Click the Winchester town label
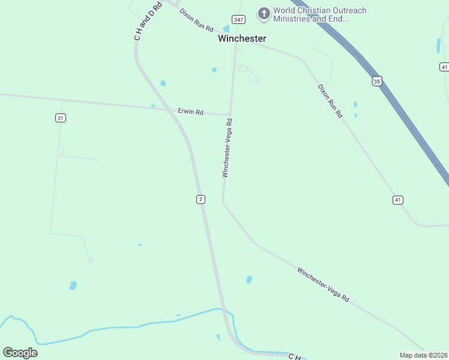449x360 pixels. pyautogui.click(x=242, y=38)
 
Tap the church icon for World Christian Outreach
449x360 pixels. pyautogui.click(x=263, y=13)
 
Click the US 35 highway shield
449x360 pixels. pyautogui.click(x=376, y=81)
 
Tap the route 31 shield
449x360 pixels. pyautogui.click(x=60, y=118)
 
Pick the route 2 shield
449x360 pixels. pyautogui.click(x=200, y=199)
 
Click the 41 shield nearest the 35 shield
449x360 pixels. pyautogui.click(x=444, y=66)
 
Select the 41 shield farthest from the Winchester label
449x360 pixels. pyautogui.click(x=398, y=200)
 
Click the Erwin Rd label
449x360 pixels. pyautogui.click(x=191, y=112)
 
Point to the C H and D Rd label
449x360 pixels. pyautogui.click(x=148, y=22)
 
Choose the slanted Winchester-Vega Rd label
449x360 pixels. pyautogui.click(x=323, y=284)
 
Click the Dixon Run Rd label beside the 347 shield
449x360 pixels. pyautogui.click(x=196, y=20)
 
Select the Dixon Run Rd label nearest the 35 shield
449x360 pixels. pyautogui.click(x=330, y=101)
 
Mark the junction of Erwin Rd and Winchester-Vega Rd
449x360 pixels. pyautogui.click(x=229, y=114)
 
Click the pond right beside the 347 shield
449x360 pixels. pyautogui.click(x=226, y=29)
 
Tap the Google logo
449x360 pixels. pyautogui.click(x=20, y=353)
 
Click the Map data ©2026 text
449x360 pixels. pyautogui.click(x=423, y=355)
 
